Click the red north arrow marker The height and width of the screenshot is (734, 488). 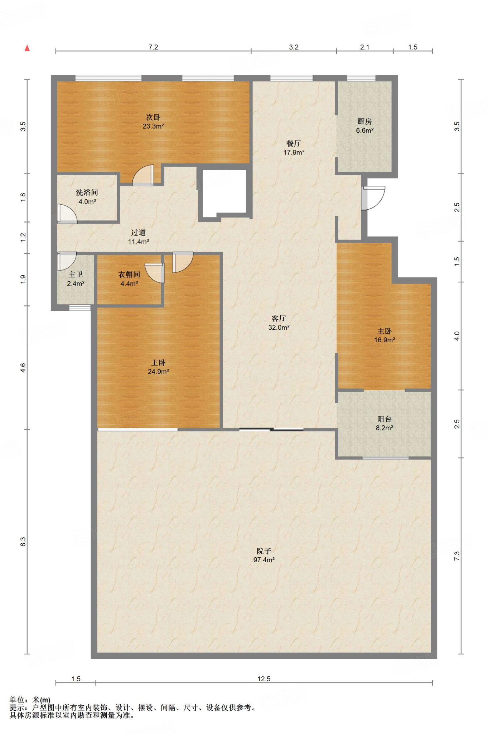[27, 48]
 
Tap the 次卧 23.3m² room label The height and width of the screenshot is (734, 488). [153, 121]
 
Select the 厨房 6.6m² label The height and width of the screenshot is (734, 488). [364, 126]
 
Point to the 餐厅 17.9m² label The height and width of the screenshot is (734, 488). [294, 148]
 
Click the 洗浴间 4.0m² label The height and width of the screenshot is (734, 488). [87, 197]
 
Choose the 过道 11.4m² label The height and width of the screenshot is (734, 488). [138, 237]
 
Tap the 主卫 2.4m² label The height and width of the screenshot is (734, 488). [76, 279]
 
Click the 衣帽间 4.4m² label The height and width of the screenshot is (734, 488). [129, 279]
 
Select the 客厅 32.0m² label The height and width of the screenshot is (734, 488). [279, 323]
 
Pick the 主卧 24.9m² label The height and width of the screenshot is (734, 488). [158, 367]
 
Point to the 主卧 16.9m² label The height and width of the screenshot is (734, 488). [385, 335]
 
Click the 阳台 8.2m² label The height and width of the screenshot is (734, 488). [385, 423]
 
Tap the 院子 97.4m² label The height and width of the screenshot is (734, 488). [264, 556]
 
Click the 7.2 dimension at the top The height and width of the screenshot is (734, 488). [153, 47]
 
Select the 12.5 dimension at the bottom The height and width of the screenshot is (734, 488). [264, 679]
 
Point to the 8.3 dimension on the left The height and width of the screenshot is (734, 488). [23, 542]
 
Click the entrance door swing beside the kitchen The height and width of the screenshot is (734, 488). [373, 198]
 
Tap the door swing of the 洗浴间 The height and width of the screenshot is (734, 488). [67, 214]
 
